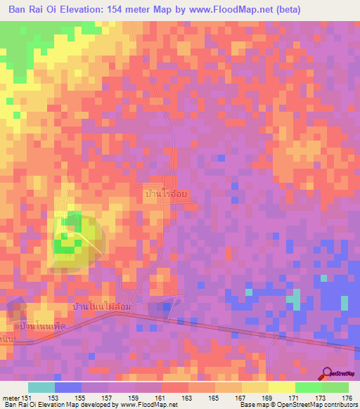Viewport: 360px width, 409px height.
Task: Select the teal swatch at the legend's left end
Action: click(x=41, y=387)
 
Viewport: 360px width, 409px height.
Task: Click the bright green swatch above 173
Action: click(x=308, y=387)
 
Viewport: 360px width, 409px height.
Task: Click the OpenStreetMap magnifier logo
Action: click(x=328, y=373)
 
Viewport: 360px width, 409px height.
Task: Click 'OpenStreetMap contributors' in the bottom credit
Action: click(x=314, y=405)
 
